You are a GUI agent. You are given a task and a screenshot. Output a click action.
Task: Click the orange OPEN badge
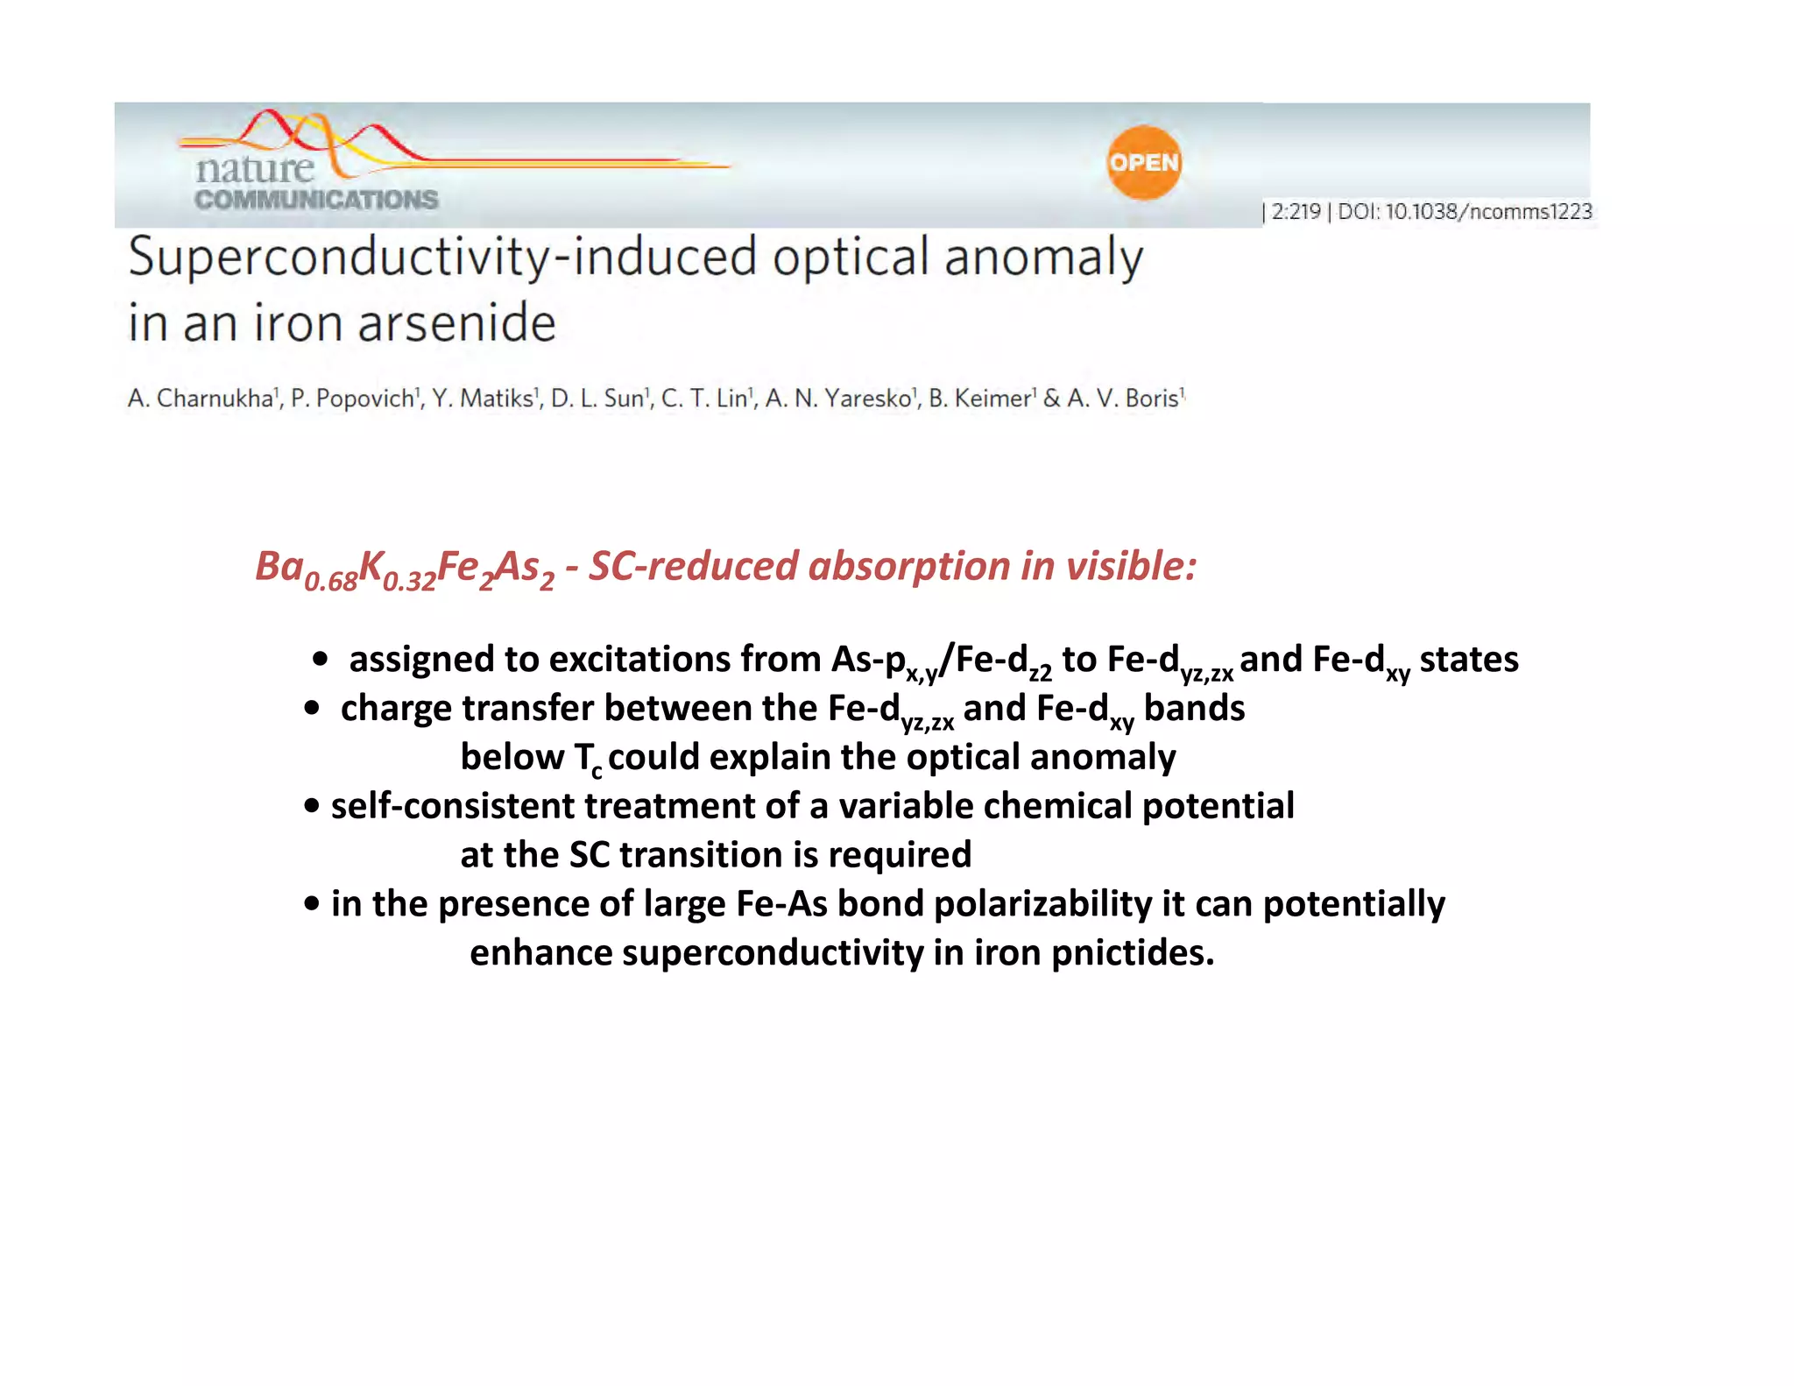[x=1143, y=163]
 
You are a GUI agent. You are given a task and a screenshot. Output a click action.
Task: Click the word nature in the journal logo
[x=254, y=168]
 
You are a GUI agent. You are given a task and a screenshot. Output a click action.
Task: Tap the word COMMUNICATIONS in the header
[x=316, y=201]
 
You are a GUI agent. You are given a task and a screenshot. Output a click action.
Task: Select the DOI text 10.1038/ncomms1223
[x=1488, y=212]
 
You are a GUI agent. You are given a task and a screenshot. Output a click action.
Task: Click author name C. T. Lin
[x=705, y=399]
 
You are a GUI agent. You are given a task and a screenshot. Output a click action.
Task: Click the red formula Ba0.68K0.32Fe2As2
[x=404, y=569]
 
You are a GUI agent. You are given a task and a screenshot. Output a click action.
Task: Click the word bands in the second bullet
[x=1193, y=709]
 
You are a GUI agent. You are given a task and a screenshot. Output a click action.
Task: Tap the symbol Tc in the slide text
[x=588, y=759]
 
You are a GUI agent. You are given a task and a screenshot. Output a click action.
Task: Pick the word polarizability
[x=1042, y=905]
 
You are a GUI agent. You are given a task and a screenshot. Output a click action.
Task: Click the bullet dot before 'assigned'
[x=321, y=660]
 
